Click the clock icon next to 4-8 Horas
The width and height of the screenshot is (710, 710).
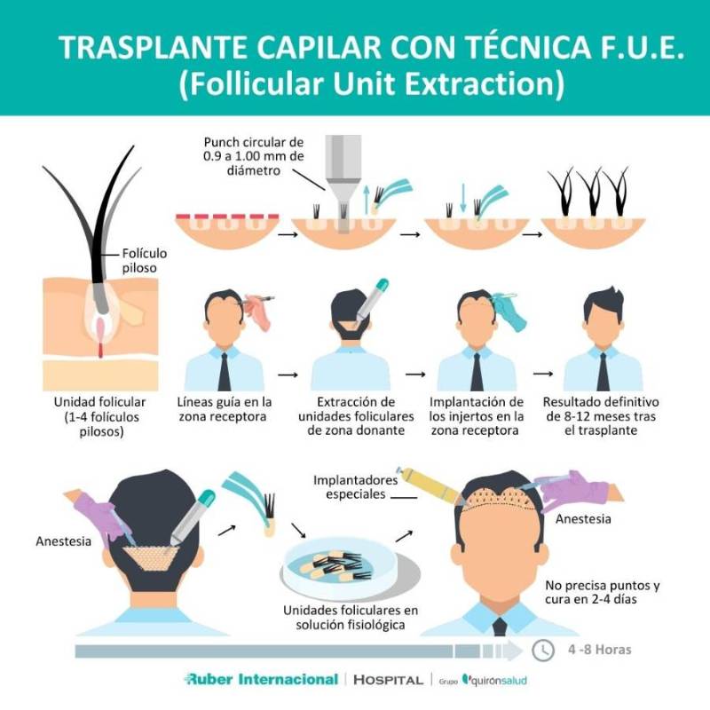543,651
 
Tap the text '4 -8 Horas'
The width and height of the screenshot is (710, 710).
599,650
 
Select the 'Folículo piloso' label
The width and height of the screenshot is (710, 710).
144,260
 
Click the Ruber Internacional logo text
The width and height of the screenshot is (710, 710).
261,679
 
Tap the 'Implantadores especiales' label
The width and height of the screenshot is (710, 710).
354,486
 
